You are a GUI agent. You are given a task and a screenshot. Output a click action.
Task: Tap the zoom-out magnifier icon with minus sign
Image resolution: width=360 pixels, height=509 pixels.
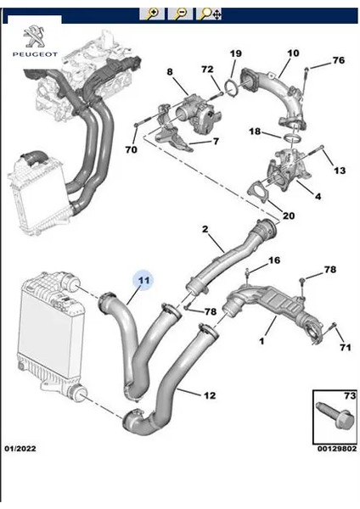tap(181, 13)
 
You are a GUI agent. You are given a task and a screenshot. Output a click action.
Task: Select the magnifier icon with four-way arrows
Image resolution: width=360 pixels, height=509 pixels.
tap(209, 13)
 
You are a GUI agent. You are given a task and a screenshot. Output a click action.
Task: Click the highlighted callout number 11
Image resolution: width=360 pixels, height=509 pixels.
tap(143, 280)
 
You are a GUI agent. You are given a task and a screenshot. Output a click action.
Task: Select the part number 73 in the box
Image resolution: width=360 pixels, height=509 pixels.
tap(346, 396)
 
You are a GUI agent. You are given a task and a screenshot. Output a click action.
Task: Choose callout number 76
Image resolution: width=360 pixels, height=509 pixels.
tap(338, 60)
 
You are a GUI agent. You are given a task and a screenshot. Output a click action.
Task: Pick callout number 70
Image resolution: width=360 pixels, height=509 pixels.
tap(131, 150)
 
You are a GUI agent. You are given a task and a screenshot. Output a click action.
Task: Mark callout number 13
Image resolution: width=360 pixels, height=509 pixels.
tap(339, 171)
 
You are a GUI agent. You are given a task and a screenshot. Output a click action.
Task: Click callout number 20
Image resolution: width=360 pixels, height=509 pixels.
tap(289, 215)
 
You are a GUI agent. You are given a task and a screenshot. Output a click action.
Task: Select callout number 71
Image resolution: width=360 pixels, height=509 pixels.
tap(346, 347)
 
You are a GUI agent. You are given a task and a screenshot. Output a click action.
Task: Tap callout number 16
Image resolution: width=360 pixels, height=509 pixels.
tap(273, 260)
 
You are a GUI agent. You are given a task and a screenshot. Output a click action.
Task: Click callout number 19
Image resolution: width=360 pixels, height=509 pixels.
tap(235, 54)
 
